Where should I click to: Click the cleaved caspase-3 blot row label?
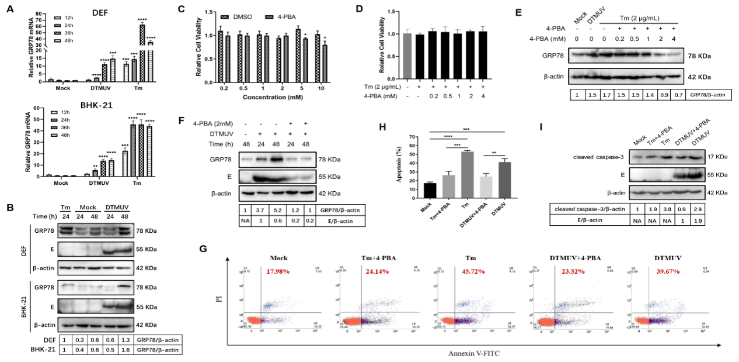585,157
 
